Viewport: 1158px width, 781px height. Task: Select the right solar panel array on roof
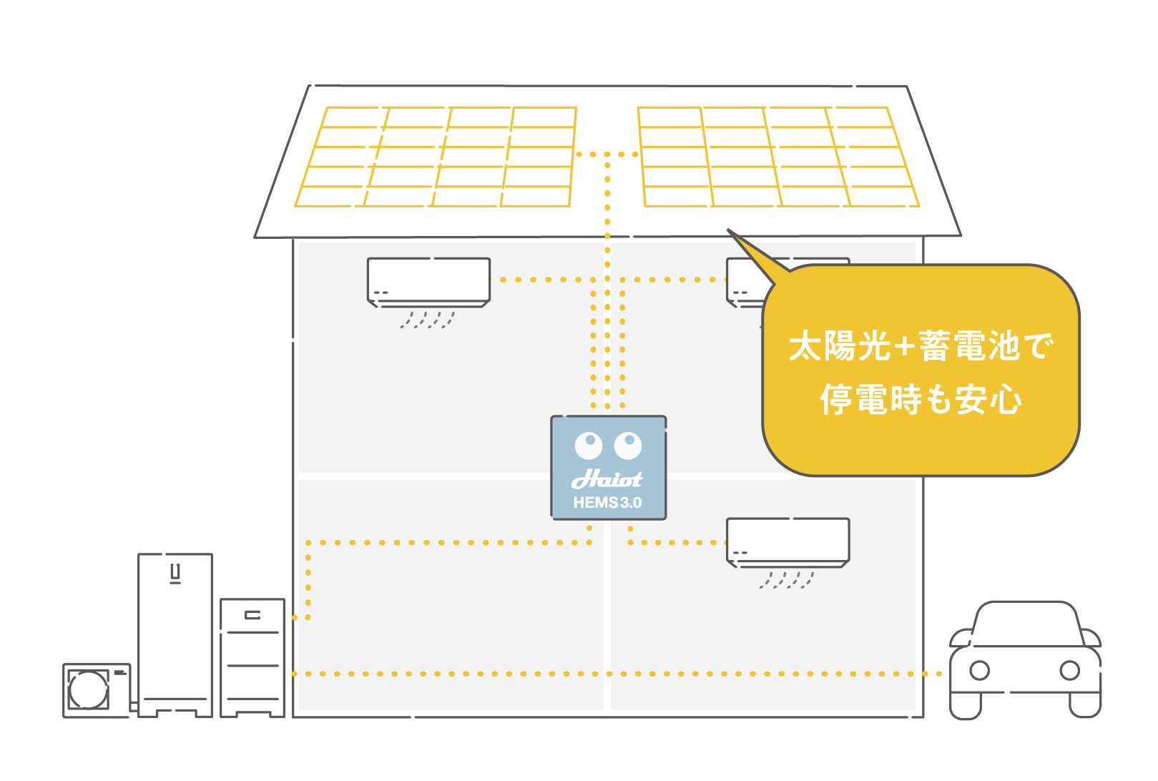point(777,157)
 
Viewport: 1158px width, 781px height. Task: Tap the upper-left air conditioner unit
point(428,281)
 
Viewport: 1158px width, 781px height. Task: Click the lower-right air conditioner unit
point(787,541)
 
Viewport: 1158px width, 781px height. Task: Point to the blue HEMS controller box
point(608,467)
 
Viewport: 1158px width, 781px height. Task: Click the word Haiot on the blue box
point(607,478)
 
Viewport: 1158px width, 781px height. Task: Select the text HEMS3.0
point(607,503)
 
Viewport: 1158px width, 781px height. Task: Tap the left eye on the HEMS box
point(589,446)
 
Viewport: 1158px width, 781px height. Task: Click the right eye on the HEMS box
point(628,446)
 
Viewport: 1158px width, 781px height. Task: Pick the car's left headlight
point(979,671)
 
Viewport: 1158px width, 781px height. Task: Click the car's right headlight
point(1069,671)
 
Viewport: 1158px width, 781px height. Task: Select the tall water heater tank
point(175,633)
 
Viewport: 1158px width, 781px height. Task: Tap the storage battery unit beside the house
point(252,657)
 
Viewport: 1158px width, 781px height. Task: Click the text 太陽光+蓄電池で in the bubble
point(921,346)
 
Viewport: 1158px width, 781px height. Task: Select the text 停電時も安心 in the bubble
point(921,399)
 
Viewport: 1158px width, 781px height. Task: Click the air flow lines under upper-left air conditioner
point(427,320)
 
